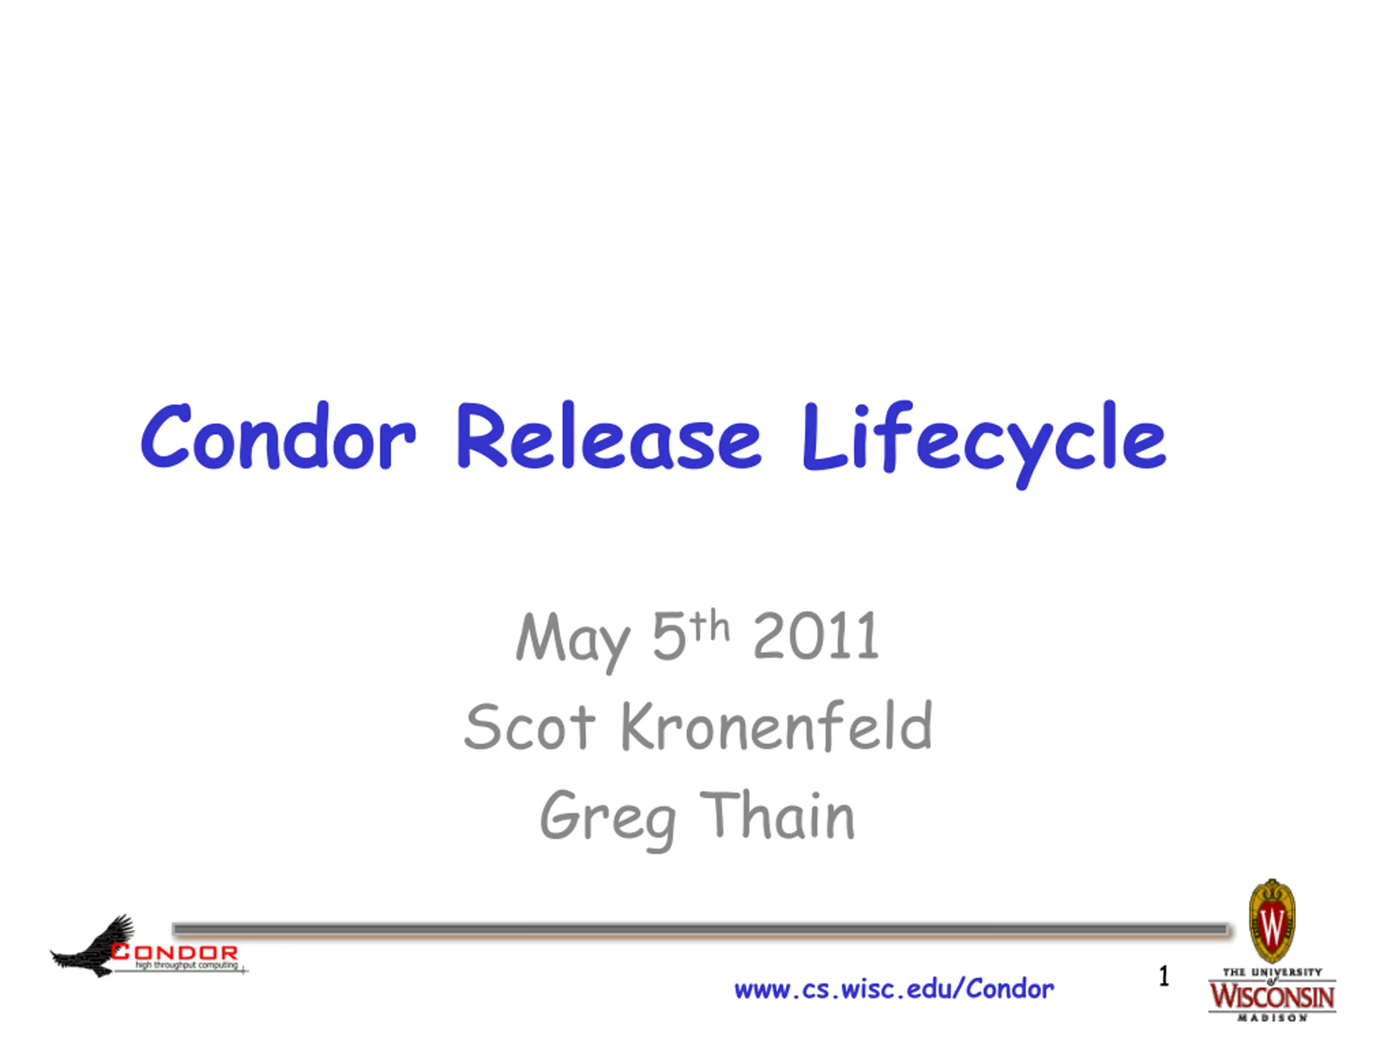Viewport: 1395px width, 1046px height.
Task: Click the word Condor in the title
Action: tap(278, 436)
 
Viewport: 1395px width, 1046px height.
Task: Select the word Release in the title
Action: tap(609, 436)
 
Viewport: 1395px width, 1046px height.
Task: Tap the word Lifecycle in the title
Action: tap(985, 444)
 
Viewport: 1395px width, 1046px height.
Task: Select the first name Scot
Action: tap(529, 726)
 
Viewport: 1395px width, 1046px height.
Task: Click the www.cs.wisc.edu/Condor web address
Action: tap(894, 989)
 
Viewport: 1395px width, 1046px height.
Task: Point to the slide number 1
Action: tap(1164, 976)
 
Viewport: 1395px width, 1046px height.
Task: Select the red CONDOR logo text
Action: tap(175, 952)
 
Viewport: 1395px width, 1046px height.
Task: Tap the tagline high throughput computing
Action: tap(187, 965)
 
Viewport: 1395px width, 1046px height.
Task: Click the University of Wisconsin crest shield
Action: tap(1272, 921)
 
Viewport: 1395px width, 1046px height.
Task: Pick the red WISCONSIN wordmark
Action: tap(1272, 996)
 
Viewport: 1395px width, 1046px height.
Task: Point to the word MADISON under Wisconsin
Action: tap(1272, 1018)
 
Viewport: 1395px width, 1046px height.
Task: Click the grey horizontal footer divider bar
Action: tap(700, 929)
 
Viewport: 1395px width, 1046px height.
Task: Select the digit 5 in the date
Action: tap(669, 637)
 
